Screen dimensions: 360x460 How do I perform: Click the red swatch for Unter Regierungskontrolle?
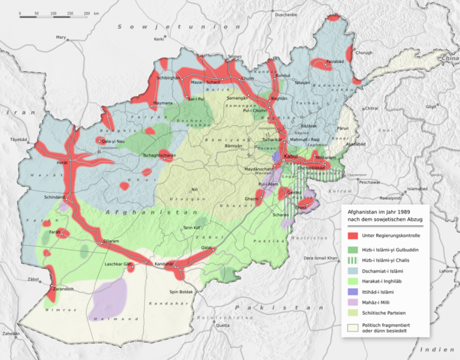[x=352, y=237]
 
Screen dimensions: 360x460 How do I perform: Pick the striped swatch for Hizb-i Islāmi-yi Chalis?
[x=352, y=259]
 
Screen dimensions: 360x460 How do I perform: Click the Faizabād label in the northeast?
[x=334, y=61]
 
